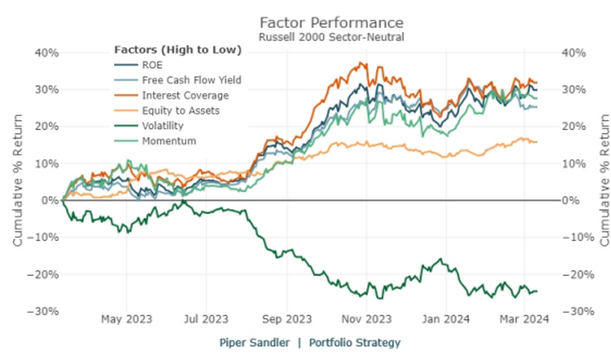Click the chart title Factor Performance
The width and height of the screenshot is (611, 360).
(x=331, y=22)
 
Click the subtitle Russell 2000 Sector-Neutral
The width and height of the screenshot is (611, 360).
(x=331, y=36)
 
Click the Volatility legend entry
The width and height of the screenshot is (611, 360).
(x=163, y=126)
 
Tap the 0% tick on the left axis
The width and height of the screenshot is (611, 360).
(x=49, y=200)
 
